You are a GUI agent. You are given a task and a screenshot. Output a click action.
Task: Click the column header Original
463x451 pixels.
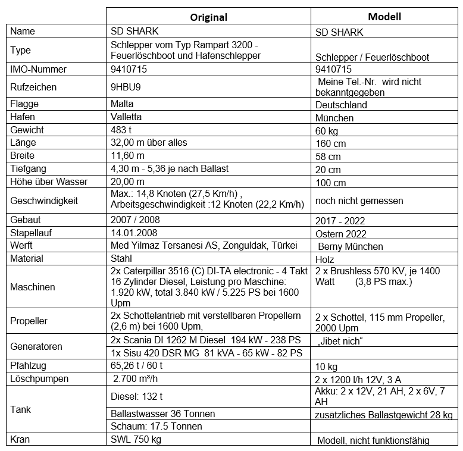click(x=208, y=17)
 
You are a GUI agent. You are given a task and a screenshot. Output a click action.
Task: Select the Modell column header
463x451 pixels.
click(x=384, y=16)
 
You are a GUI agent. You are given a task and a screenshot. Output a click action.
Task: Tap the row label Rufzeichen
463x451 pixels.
click(x=33, y=87)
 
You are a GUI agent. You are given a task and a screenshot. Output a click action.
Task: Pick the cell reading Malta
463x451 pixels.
click(x=122, y=104)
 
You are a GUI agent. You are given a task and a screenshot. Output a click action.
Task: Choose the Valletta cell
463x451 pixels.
click(x=126, y=117)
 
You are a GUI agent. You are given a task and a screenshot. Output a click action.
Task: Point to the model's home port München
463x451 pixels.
click(x=334, y=118)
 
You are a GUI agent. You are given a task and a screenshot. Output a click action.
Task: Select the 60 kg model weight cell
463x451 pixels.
click(x=327, y=130)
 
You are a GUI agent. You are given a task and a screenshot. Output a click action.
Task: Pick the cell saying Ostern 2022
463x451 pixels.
click(x=342, y=234)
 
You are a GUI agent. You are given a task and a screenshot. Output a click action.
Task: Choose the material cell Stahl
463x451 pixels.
click(x=121, y=258)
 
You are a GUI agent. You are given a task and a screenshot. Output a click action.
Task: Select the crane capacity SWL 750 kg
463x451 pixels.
click(x=136, y=439)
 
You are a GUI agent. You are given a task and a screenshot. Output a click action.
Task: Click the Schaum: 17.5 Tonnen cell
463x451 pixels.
click(x=157, y=426)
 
